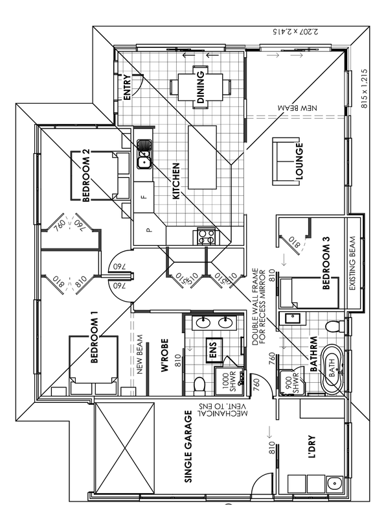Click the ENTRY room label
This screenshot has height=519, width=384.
click(x=127, y=88)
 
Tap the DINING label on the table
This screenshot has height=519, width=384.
click(x=201, y=87)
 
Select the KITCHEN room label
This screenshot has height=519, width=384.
click(x=176, y=181)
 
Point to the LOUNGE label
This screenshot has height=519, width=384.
click(x=299, y=161)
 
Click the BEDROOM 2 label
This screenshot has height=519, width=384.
click(x=86, y=175)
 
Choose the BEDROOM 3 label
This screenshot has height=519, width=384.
click(x=326, y=263)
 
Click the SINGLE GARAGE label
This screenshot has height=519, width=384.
click(x=188, y=446)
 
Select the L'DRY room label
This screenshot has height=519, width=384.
click(x=311, y=447)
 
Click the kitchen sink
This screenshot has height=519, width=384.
click(x=144, y=153)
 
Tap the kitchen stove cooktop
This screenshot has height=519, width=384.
click(x=206, y=236)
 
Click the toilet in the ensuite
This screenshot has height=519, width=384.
click(x=199, y=385)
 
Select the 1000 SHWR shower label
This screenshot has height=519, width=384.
click(x=230, y=383)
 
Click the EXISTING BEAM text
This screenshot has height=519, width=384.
click(x=353, y=263)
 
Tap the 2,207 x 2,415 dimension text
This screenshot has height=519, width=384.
click(x=296, y=32)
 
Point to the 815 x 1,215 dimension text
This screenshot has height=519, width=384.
click(x=364, y=88)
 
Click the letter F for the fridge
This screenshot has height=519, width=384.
click(x=144, y=197)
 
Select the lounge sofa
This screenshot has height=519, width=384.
click(x=286, y=161)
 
